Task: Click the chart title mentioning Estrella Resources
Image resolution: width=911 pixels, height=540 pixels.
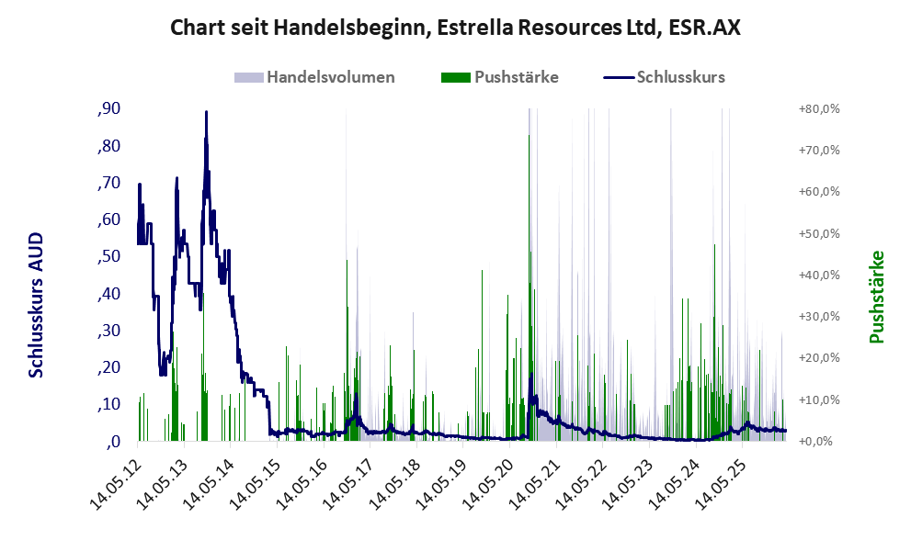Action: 455,28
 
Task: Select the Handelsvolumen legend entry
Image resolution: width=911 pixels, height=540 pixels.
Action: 314,77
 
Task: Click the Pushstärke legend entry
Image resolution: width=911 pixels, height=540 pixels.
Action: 500,77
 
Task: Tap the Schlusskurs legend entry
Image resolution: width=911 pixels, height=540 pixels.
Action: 664,77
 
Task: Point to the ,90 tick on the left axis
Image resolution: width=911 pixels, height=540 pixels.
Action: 108,108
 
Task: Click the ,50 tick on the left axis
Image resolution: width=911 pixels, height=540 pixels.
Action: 108,256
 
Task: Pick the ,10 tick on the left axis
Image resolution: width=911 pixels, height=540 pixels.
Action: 108,404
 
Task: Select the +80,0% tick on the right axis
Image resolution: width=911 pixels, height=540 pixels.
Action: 819,108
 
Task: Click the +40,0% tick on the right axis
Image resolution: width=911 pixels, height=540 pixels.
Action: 819,275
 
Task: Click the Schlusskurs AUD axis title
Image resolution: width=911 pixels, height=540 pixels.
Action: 36,305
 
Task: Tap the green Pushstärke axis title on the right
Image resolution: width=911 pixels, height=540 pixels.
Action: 877,297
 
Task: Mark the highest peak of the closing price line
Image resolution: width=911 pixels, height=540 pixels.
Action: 206,112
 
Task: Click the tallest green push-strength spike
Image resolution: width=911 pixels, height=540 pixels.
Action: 529,136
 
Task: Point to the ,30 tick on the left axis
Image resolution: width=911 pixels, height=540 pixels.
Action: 108,331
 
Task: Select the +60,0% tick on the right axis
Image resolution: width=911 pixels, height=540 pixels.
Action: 819,192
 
